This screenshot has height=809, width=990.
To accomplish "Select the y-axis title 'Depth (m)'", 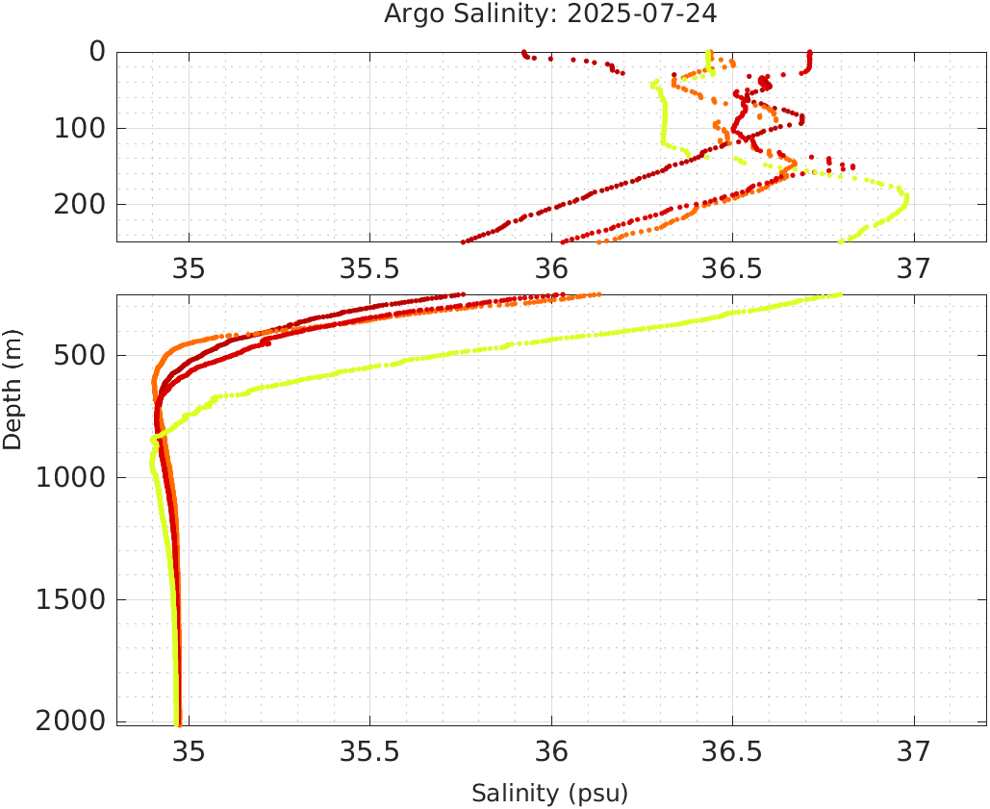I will click(13, 387).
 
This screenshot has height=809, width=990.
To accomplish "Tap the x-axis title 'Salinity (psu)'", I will click(549, 794).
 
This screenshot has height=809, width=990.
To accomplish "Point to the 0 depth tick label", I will click(97, 52).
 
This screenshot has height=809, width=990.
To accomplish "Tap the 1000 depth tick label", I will click(70, 478).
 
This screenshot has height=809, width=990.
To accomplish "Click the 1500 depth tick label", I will click(70, 599).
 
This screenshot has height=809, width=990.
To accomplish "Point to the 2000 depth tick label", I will click(70, 721).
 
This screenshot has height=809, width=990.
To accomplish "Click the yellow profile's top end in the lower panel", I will click(840, 295).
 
